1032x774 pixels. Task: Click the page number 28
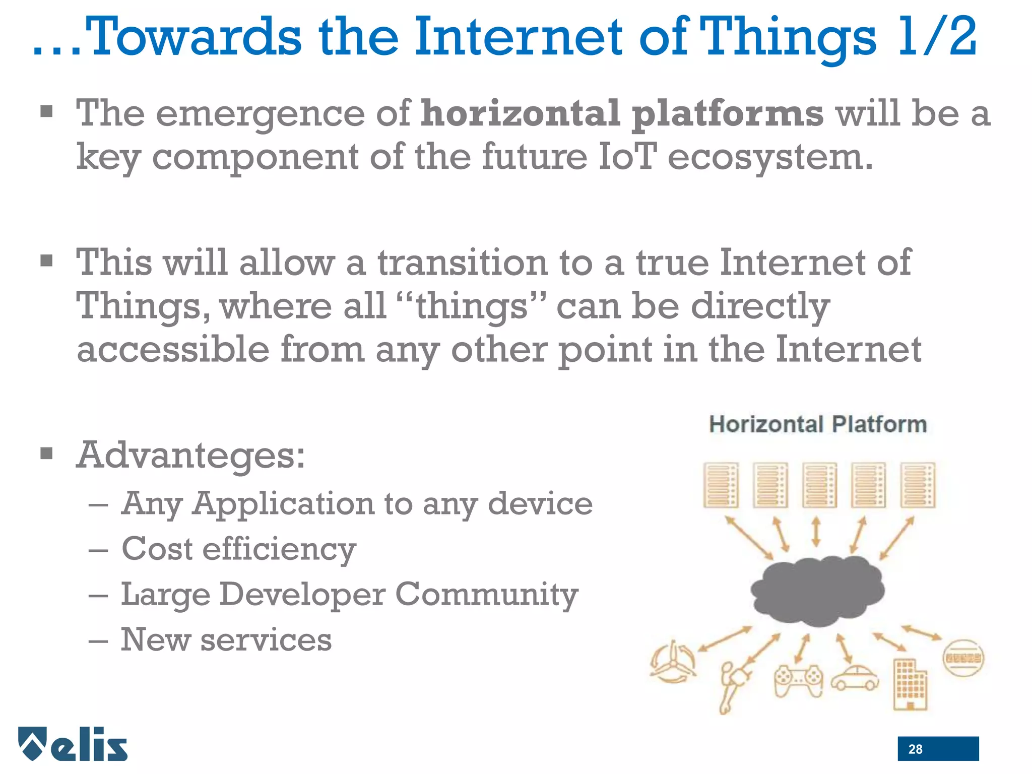[x=915, y=749]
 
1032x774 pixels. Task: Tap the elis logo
[x=74, y=744]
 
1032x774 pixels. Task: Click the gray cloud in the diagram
[x=817, y=591]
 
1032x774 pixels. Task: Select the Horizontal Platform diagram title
[x=817, y=424]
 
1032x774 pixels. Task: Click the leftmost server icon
[x=721, y=485]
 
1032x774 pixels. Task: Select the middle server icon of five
[x=819, y=485]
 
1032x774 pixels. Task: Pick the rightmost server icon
[x=918, y=485]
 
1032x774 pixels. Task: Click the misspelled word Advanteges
[x=190, y=455]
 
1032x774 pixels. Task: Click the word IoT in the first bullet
[x=628, y=156]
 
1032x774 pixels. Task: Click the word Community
[x=486, y=595]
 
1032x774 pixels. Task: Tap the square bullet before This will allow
[x=46, y=261]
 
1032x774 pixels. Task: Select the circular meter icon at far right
[x=962, y=658]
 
